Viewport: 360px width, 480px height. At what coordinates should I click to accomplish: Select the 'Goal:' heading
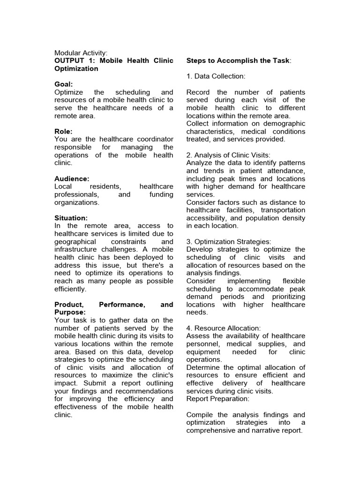click(x=64, y=84)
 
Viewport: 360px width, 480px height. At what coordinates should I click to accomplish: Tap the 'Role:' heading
click(x=64, y=132)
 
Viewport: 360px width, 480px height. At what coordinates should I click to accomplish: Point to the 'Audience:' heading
click(x=72, y=179)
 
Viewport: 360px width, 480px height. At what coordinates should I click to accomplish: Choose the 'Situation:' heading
click(x=71, y=218)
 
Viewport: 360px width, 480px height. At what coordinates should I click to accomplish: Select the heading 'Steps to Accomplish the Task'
click(x=238, y=61)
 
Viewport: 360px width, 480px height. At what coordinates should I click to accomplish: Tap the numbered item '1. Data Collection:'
click(x=216, y=76)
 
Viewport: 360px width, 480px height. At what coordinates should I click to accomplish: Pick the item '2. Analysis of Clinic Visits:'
click(x=228, y=155)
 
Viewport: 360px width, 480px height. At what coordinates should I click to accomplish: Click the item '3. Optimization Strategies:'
click(x=229, y=242)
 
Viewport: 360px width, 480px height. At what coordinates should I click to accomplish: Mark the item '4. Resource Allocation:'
click(x=223, y=328)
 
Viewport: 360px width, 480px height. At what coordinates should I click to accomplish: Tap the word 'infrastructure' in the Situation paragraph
click(x=77, y=250)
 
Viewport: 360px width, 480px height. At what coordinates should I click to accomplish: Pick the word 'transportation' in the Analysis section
click(x=283, y=210)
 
